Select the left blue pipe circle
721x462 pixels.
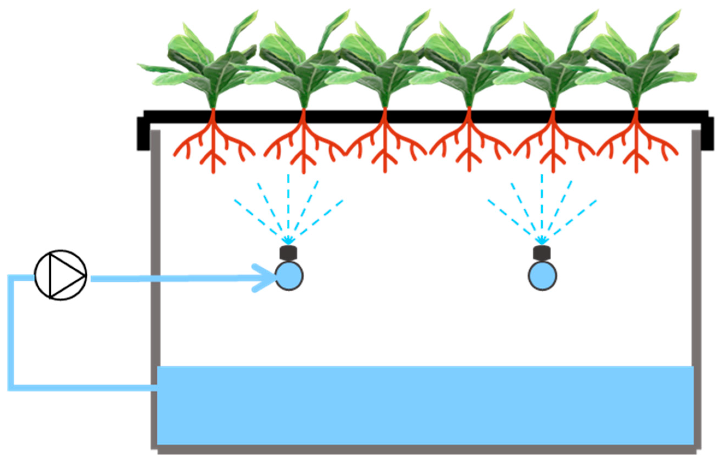289,276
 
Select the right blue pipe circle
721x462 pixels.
542,276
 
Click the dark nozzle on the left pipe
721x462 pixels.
288,253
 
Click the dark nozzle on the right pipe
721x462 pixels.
542,253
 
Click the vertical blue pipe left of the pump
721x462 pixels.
11,330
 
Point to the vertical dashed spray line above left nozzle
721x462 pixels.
288,204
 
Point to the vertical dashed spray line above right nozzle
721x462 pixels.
542,204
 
